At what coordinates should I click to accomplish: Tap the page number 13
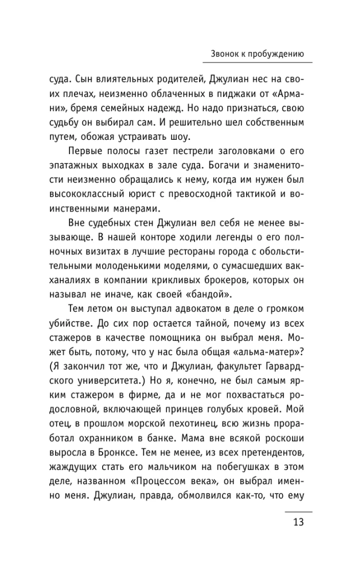(x=298, y=522)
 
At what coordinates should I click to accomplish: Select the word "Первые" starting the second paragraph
(x=87, y=151)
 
